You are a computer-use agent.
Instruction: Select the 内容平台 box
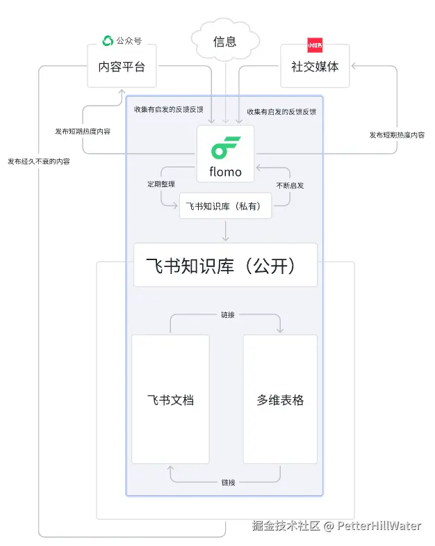[122, 67]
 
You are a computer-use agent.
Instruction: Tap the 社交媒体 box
[315, 67]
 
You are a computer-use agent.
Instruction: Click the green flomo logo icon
[226, 147]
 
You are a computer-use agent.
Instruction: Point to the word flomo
[226, 172]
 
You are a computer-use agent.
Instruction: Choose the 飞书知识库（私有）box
[225, 206]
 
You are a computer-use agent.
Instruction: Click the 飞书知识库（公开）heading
[225, 265]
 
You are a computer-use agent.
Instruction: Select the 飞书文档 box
[170, 400]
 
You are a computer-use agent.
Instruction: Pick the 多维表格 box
[280, 400]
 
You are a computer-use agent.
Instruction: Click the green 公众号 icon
[108, 41]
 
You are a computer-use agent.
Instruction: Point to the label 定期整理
[160, 186]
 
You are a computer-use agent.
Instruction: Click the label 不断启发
[290, 186]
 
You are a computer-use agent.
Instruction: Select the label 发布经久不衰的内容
[39, 161]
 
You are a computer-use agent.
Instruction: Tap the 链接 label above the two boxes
[228, 315]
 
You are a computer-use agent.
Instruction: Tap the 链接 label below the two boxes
[228, 482]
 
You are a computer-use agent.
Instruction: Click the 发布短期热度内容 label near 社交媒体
[397, 135]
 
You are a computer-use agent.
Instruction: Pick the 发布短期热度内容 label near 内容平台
[83, 131]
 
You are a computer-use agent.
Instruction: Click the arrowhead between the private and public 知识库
[225, 238]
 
